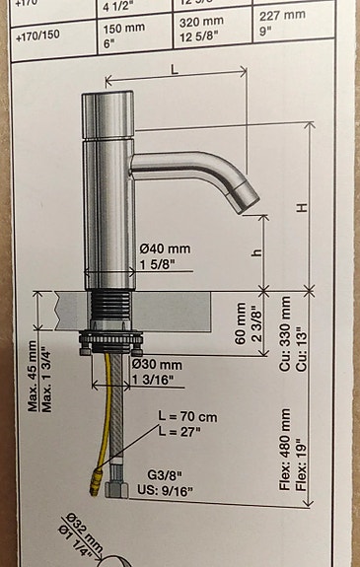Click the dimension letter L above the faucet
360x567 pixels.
tap(174, 71)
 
